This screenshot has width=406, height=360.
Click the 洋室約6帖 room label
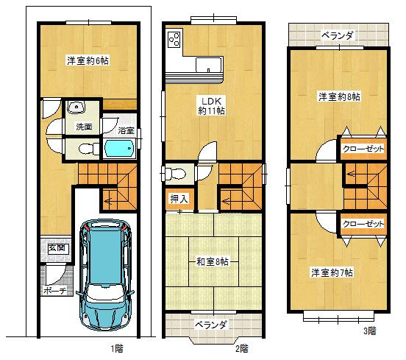pos(86,60)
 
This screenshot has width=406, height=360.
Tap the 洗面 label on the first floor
pos(83,127)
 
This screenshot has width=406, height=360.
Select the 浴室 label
pos(126,131)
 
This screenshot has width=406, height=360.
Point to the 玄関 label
pos(57,247)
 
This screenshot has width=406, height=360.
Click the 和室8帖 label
pos(213,261)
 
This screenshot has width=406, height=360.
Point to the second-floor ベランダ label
pos(211,325)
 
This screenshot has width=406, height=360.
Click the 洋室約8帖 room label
pos(339,96)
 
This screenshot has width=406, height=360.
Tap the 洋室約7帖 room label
pos(331,273)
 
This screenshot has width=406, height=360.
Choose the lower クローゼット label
pos(363,224)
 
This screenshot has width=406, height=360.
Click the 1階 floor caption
pos(118,347)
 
